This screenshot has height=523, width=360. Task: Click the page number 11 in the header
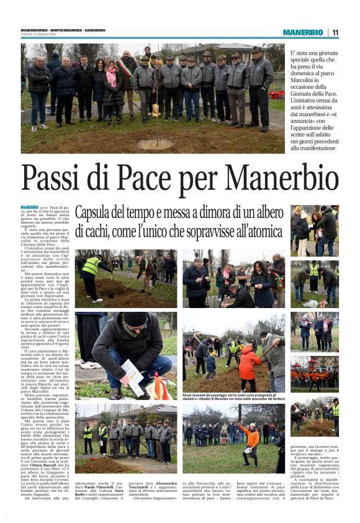tap(335, 32)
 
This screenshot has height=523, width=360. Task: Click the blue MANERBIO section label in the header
tap(303, 32)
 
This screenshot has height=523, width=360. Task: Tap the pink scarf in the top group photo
tap(112, 78)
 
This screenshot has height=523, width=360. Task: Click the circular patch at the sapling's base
tap(155, 143)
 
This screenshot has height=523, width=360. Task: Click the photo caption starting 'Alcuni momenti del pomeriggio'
tap(233, 396)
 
